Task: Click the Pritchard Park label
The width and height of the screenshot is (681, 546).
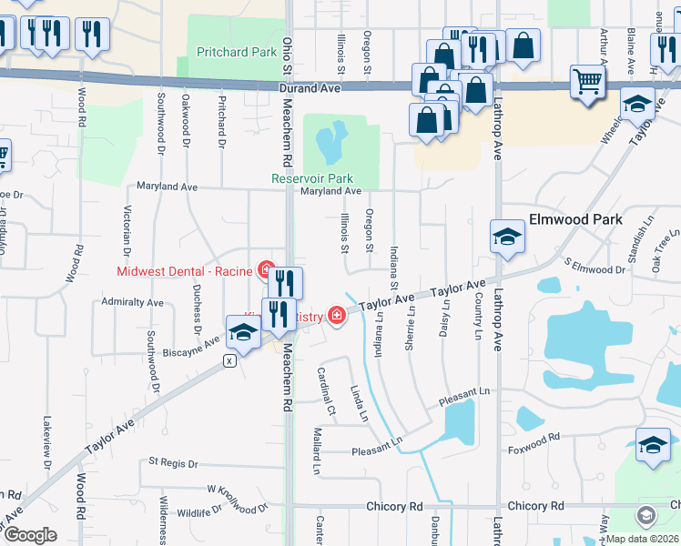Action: (237, 53)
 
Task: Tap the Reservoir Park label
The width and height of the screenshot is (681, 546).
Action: (312, 178)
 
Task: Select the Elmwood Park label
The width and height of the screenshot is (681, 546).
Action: (575, 219)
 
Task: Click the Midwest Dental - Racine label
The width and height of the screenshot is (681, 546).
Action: (185, 270)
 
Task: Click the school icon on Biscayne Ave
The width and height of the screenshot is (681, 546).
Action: (243, 333)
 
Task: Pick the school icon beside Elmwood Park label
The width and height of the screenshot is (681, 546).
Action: (506, 238)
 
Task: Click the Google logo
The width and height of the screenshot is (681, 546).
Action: (29, 535)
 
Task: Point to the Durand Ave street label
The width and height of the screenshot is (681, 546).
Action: (310, 88)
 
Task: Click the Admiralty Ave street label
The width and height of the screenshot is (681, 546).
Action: (132, 302)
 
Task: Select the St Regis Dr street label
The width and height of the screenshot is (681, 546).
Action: (172, 464)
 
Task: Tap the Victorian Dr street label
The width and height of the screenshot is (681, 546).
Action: (127, 233)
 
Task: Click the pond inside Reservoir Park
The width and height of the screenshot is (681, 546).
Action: (330, 141)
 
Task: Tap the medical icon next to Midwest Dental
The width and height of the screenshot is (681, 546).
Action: (266, 270)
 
